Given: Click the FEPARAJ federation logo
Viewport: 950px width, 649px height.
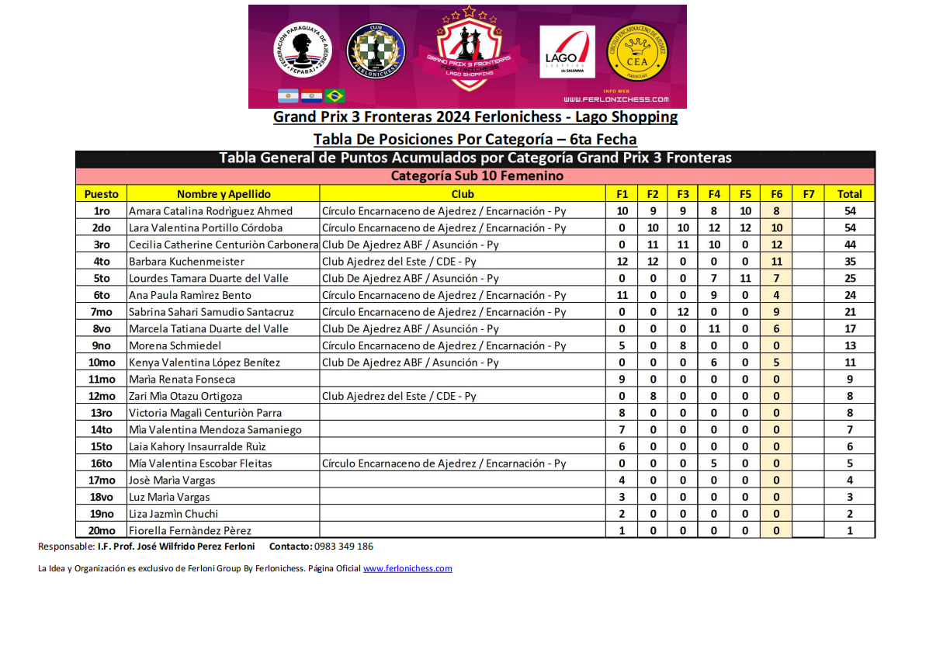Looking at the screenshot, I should pos(302,49).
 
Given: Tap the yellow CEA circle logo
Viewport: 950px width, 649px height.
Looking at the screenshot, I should pos(636,51).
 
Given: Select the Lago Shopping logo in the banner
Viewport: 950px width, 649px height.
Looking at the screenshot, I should pos(567,52).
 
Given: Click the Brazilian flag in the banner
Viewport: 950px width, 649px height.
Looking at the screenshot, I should pos(335,95).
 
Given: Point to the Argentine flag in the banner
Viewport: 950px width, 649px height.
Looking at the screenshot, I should pos(288,95).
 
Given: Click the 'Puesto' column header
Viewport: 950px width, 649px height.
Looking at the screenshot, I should pos(101,194).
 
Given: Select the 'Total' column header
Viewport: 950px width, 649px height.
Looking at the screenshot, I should pos(850,194).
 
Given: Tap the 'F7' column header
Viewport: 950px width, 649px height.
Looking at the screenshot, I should pos(808,194).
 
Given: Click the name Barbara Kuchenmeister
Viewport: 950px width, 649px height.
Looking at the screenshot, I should pos(186,262).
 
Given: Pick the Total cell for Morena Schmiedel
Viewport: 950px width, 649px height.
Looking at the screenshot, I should pos(850,345).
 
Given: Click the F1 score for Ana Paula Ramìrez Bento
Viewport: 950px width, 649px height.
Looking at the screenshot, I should pos(622,295).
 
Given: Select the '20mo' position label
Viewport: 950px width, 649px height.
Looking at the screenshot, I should pos(102,530).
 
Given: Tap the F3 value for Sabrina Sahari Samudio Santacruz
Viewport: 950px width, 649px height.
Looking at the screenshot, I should pos(683,312).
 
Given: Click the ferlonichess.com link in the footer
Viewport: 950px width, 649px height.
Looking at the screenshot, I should pos(407,568).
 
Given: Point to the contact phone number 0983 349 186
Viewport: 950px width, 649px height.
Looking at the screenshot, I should pos(344,547).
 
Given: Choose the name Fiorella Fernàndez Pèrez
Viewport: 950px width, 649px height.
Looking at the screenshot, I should pos(190,530).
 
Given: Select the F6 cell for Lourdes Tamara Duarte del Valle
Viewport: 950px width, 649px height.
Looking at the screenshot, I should pos(777,278).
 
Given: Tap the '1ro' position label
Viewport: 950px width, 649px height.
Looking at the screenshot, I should pos(102,211).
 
